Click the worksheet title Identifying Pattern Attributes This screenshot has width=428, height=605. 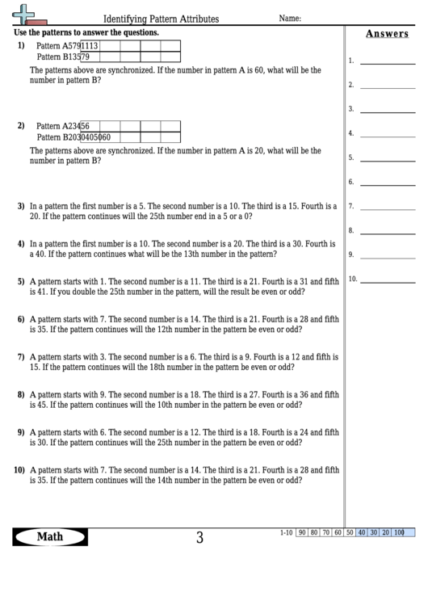[x=161, y=19]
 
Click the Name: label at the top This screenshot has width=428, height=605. [x=290, y=18]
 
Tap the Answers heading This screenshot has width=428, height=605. [x=386, y=34]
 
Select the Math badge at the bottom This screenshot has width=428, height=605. [x=51, y=537]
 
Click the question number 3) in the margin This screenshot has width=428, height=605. [x=21, y=207]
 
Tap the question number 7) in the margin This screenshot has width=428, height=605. [x=21, y=356]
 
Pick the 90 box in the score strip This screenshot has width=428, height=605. [x=301, y=533]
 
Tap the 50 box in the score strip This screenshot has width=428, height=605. [x=350, y=533]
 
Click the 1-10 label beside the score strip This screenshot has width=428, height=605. [x=286, y=533]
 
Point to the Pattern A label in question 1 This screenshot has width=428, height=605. [x=54, y=46]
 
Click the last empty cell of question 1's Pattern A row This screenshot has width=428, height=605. [x=170, y=46]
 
